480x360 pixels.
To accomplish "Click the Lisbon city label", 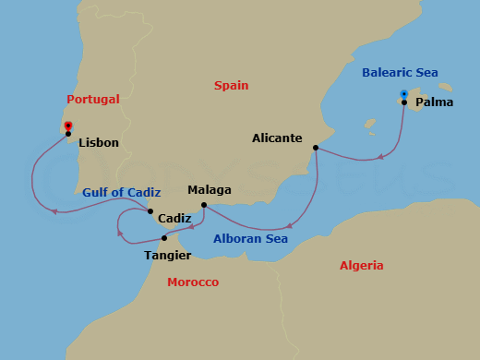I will click(99, 143).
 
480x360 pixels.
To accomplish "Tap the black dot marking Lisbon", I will click(68, 134).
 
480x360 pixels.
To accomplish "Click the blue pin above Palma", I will click(404, 93).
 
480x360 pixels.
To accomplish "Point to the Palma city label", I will click(434, 102).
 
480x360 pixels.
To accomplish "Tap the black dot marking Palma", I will click(404, 102).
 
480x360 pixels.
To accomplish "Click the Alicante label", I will click(277, 138).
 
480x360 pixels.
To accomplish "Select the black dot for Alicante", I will click(316, 148).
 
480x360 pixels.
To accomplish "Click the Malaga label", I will click(210, 190).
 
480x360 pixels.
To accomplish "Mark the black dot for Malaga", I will click(203, 205).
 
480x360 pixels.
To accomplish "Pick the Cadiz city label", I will click(175, 219).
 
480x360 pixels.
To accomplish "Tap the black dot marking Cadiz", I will click(150, 211).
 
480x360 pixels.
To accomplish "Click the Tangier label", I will click(168, 255).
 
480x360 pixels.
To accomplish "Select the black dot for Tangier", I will click(164, 238).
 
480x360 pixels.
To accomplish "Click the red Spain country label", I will click(231, 85).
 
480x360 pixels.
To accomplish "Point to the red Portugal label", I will click(93, 99).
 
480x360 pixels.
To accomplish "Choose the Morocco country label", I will click(193, 282).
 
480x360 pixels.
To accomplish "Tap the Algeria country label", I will click(361, 265).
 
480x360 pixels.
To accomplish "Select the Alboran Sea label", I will click(251, 239).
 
